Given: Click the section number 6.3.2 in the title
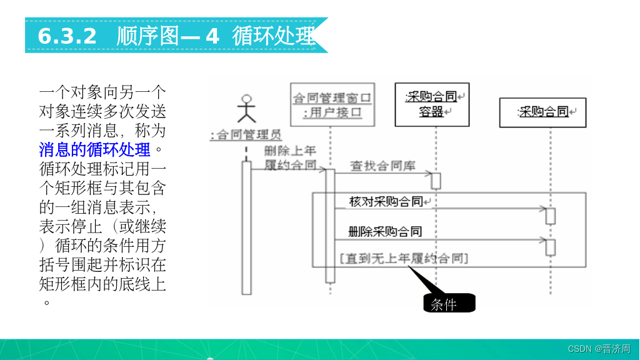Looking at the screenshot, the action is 67,36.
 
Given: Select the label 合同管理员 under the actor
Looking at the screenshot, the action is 246,135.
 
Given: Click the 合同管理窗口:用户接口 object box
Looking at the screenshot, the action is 332,105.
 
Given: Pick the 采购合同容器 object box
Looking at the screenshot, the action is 432,105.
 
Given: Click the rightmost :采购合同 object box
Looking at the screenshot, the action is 542,112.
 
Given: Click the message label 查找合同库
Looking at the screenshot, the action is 382,166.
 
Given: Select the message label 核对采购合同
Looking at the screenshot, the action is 386,202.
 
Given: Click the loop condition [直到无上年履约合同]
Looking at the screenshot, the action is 404,257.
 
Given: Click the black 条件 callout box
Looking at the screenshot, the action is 449,304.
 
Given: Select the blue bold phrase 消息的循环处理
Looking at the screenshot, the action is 94,150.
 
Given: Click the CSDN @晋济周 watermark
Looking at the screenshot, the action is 599,349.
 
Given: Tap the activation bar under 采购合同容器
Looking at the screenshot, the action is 436,181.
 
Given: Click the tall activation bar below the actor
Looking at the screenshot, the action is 246,227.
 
